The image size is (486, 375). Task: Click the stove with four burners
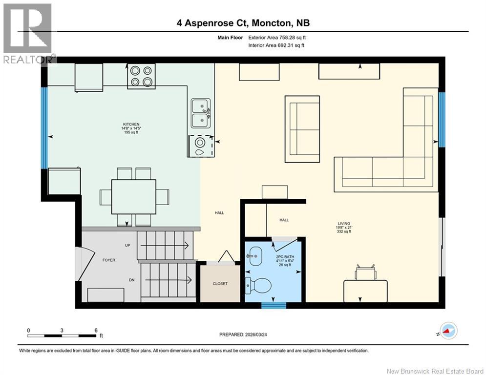tap(141, 76)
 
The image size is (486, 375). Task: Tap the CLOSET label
tap(220, 284)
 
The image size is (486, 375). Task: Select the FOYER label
tap(108, 260)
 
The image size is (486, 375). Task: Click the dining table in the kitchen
tap(133, 196)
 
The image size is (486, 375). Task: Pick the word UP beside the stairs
tap(127, 245)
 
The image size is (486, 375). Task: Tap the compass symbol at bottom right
tap(448, 332)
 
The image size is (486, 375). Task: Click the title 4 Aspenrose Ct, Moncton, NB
tap(243, 23)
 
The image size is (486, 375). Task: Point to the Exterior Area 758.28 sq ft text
tap(276, 37)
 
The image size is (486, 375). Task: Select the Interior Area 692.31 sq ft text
tap(276, 45)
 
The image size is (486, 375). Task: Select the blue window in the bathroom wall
tap(274, 306)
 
